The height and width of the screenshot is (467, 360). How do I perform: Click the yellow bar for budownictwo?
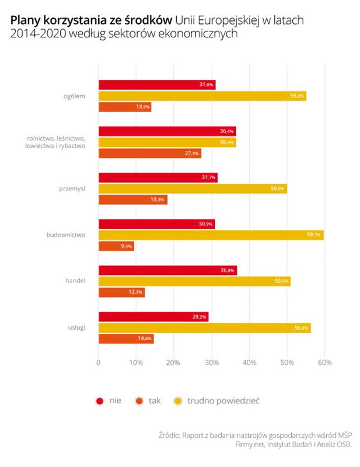point(210,235)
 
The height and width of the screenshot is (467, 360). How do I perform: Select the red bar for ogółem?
point(156,85)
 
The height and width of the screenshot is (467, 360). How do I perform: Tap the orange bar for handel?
point(121,292)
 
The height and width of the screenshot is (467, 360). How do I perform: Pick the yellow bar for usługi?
point(204,328)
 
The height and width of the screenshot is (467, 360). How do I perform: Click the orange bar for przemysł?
point(132,200)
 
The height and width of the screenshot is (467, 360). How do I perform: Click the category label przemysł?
point(74,189)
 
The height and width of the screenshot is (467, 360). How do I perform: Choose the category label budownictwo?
point(66,235)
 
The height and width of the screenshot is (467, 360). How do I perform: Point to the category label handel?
point(76,281)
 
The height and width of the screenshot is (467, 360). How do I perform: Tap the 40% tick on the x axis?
point(249,363)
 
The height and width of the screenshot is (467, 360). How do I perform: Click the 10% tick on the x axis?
point(136,363)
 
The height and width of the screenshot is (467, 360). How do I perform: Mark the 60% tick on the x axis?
point(324,363)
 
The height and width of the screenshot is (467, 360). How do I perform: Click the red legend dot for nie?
point(100,401)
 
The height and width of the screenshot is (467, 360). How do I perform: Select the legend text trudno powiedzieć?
point(223,401)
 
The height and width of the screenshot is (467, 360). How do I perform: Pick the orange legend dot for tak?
point(139,401)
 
